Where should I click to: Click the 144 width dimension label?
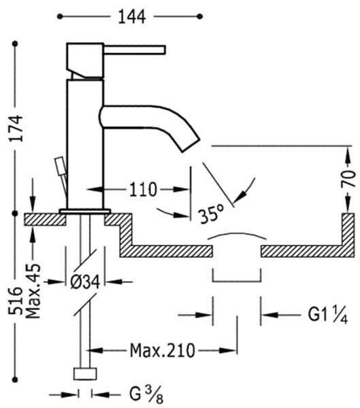(131, 17)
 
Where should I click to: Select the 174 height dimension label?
(16, 128)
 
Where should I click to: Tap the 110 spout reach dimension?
(143, 190)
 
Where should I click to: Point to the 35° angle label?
(211, 214)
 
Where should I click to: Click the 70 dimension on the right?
(348, 178)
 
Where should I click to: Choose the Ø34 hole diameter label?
(85, 282)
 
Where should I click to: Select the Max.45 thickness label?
(34, 291)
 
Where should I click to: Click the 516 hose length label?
(16, 301)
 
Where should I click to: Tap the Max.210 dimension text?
(162, 351)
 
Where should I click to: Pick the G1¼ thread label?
(328, 315)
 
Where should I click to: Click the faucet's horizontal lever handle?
(135, 50)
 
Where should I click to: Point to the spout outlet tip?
(191, 146)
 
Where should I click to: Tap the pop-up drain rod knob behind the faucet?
(60, 166)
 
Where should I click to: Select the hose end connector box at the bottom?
(85, 374)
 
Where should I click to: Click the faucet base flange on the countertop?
(85, 211)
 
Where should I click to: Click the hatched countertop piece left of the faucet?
(45, 220)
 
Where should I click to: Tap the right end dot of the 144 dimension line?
(200, 16)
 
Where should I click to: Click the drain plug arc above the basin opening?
(237, 234)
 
